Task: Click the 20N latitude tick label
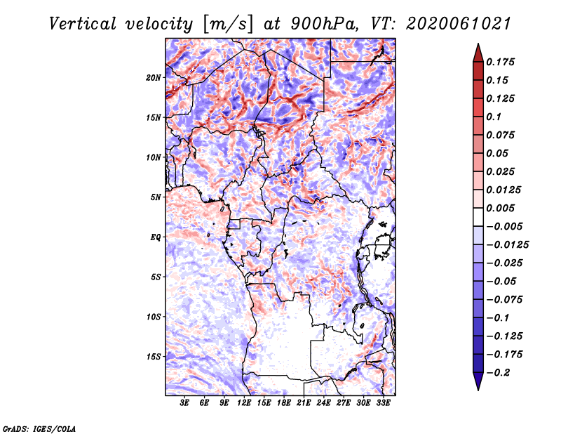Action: [154, 78]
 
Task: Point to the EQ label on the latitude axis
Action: [155, 237]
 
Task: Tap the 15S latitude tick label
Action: [154, 357]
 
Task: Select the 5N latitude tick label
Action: [156, 197]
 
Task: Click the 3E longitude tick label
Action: [184, 403]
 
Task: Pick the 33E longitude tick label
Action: [383, 403]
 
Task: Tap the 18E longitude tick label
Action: [284, 403]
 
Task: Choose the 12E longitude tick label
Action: [244, 403]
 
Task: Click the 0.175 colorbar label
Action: [500, 62]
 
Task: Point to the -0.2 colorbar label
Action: [498, 373]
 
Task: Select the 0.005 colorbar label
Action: [500, 208]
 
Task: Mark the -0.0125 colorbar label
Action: [507, 245]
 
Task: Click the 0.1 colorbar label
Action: [494, 117]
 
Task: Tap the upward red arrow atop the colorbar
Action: [478, 53]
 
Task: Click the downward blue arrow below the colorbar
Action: [478, 381]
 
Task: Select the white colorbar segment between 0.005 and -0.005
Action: [478, 217]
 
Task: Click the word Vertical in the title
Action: [83, 24]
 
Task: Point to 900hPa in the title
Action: [324, 24]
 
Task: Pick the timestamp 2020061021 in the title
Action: [459, 24]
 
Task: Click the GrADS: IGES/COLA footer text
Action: [39, 428]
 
